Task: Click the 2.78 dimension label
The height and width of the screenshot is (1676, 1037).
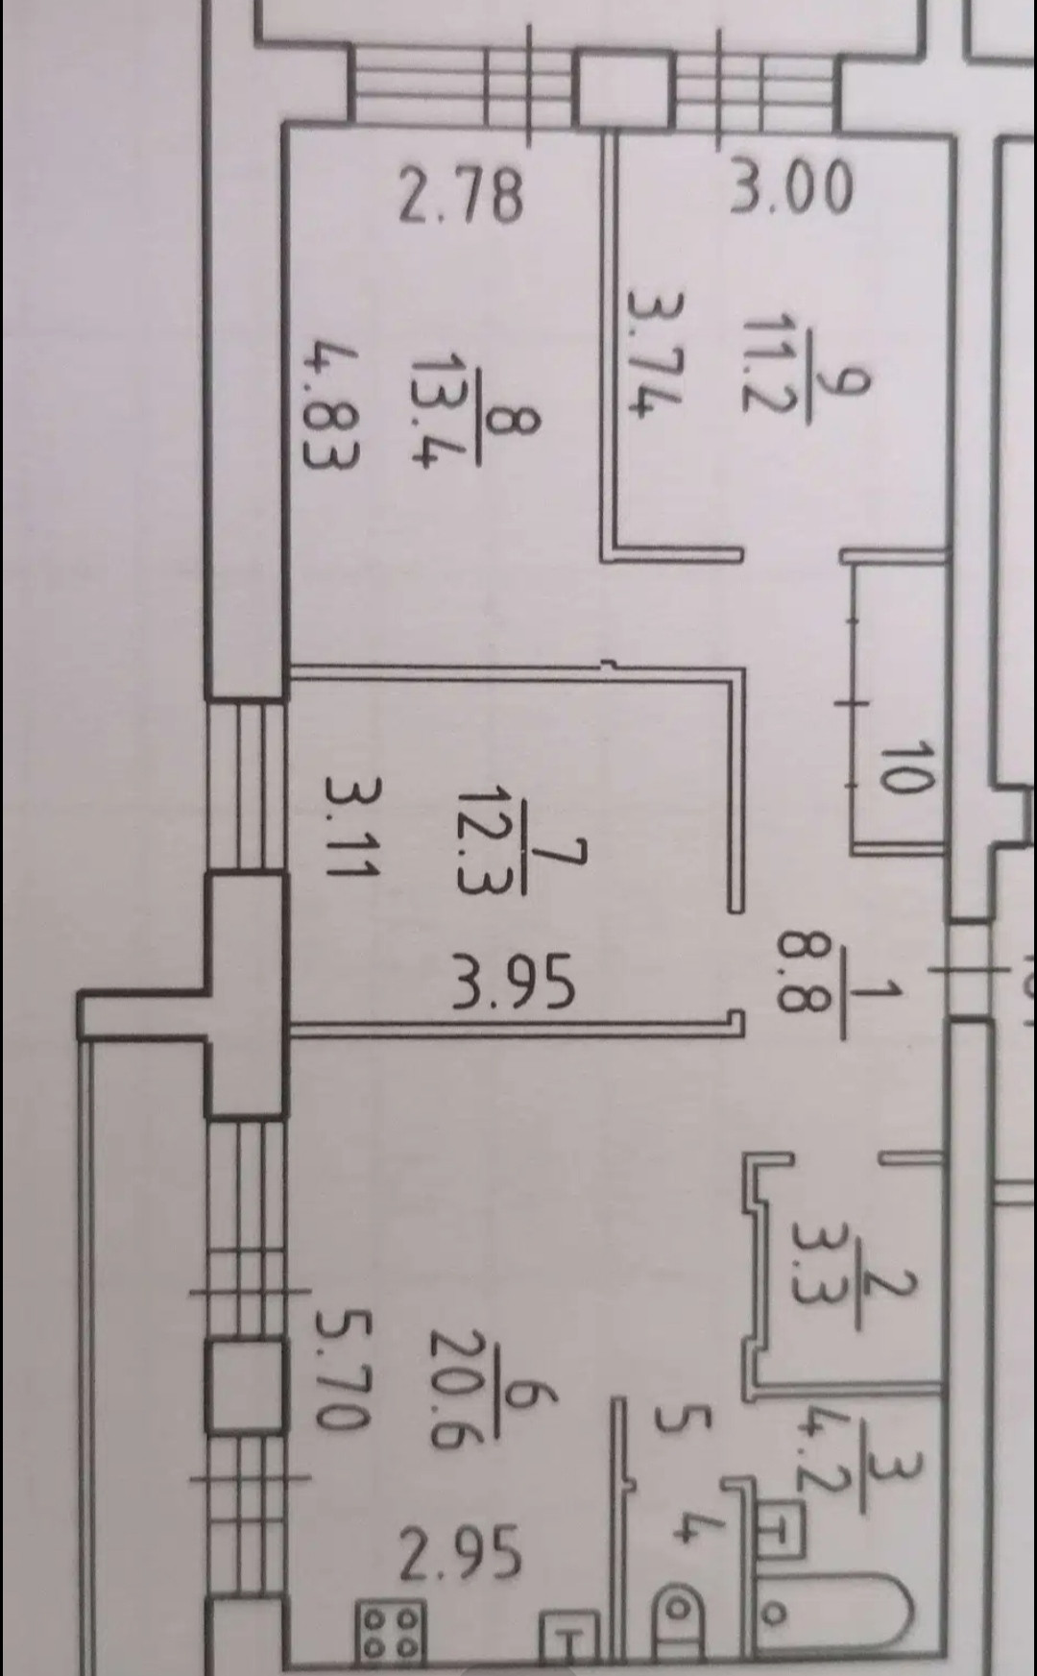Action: tap(463, 196)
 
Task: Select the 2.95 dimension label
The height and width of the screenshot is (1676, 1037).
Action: tap(461, 1554)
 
